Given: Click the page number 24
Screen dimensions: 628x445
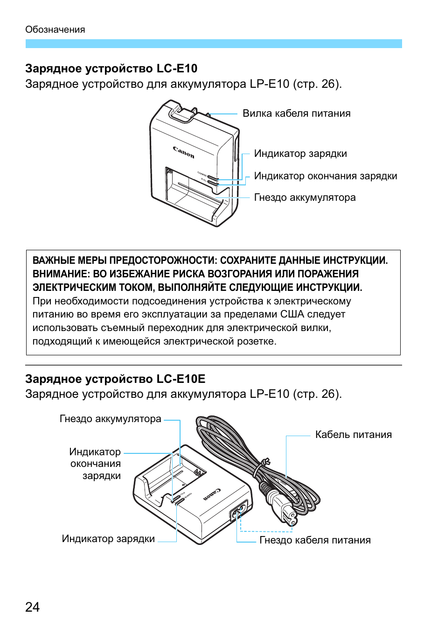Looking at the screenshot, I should pos(32,607).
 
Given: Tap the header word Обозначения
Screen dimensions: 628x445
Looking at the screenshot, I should pos(55,29).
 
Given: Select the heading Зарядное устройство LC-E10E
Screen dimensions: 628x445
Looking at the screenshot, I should pos(115,379).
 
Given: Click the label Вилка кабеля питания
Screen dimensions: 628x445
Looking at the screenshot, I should pos(296,113).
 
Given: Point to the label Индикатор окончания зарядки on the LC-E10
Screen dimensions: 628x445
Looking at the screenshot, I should pos(325,176).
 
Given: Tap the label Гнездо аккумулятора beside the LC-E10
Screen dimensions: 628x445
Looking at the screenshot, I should pos(305,198).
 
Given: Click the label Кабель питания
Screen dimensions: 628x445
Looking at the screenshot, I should pos(353,435).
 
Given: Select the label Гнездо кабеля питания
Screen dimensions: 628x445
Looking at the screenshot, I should pos(315,540).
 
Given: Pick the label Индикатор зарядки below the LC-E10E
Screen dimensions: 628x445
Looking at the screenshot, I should pos(108,539).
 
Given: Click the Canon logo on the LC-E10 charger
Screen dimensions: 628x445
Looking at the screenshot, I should pos(183,152).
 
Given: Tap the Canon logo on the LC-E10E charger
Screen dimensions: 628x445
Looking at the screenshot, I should pos(212,494).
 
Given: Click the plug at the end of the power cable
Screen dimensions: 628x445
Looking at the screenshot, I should pos(285,514).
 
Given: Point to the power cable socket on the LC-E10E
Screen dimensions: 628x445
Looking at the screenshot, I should pos(239,511).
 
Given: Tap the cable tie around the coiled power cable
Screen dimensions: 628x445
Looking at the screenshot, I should pos(265,463).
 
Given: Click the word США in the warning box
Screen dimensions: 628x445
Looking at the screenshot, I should pos(292,314).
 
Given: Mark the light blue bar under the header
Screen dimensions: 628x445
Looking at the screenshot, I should pos(214,43).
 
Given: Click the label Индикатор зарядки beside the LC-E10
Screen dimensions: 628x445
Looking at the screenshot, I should pos(300,154).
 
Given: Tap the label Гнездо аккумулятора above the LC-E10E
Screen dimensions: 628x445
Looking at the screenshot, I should pos(110,419).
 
